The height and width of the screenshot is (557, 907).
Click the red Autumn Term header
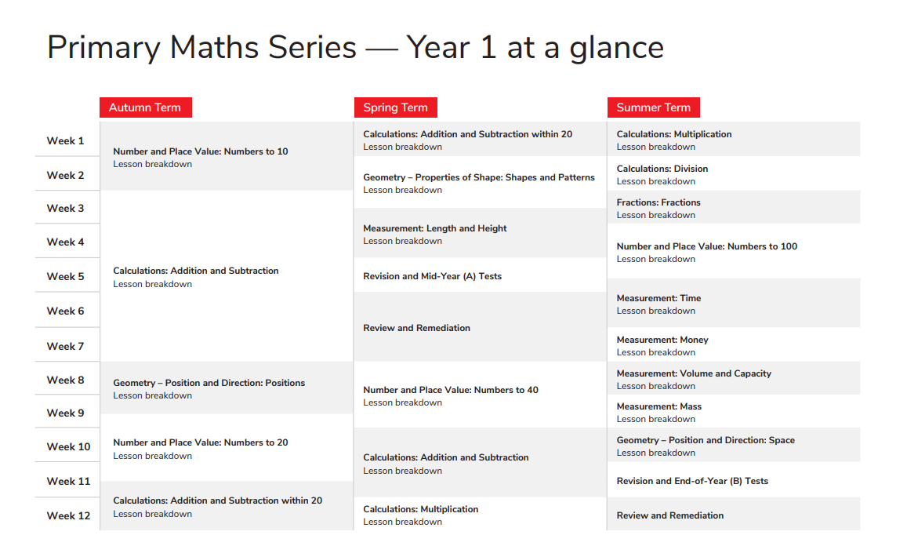(145, 107)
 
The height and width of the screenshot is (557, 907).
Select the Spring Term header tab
(395, 107)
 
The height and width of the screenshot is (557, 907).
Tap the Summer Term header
(653, 107)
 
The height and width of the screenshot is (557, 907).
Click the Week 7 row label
(65, 346)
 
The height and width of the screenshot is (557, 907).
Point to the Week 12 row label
(68, 515)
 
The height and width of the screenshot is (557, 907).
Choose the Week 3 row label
(65, 208)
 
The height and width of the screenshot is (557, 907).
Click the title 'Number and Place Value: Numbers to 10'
(200, 151)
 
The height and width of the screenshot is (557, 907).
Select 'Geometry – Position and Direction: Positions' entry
(209, 383)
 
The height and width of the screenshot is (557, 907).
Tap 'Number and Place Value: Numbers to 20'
(200, 442)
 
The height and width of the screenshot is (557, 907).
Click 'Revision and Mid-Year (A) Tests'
(432, 276)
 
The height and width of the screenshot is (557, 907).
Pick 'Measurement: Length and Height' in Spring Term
(434, 228)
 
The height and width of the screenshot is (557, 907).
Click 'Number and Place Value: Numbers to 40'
(450, 390)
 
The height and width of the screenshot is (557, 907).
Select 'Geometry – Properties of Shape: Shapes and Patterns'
(478, 177)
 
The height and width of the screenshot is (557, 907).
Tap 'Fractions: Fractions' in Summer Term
(658, 202)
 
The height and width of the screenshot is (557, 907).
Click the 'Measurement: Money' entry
(662, 340)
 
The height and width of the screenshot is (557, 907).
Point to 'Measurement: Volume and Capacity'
(693, 373)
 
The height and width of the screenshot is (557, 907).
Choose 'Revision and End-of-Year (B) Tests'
(691, 481)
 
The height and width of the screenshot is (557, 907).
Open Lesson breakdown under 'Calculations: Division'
(655, 181)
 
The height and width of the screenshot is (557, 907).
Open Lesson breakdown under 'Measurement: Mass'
(655, 419)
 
